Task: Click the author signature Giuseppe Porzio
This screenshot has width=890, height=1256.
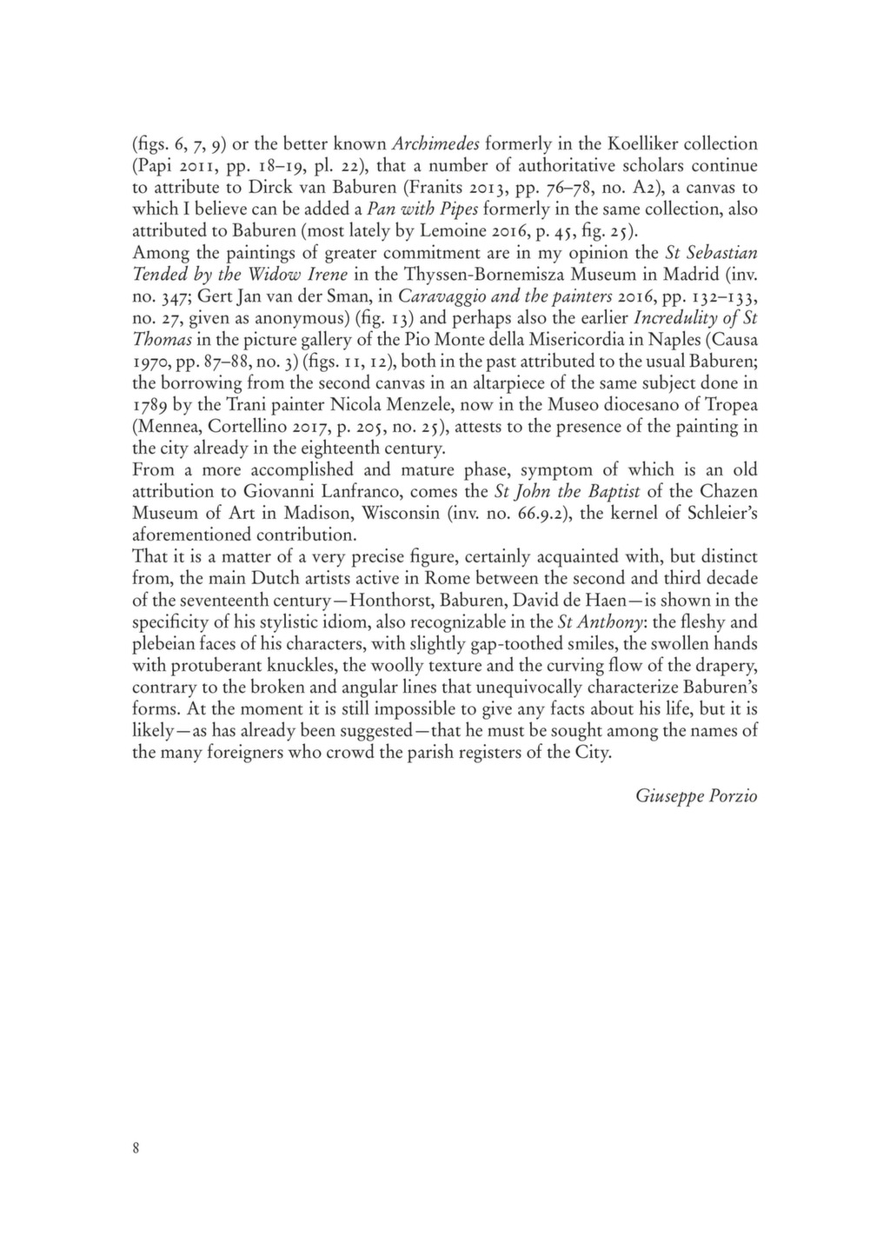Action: click(x=696, y=795)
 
